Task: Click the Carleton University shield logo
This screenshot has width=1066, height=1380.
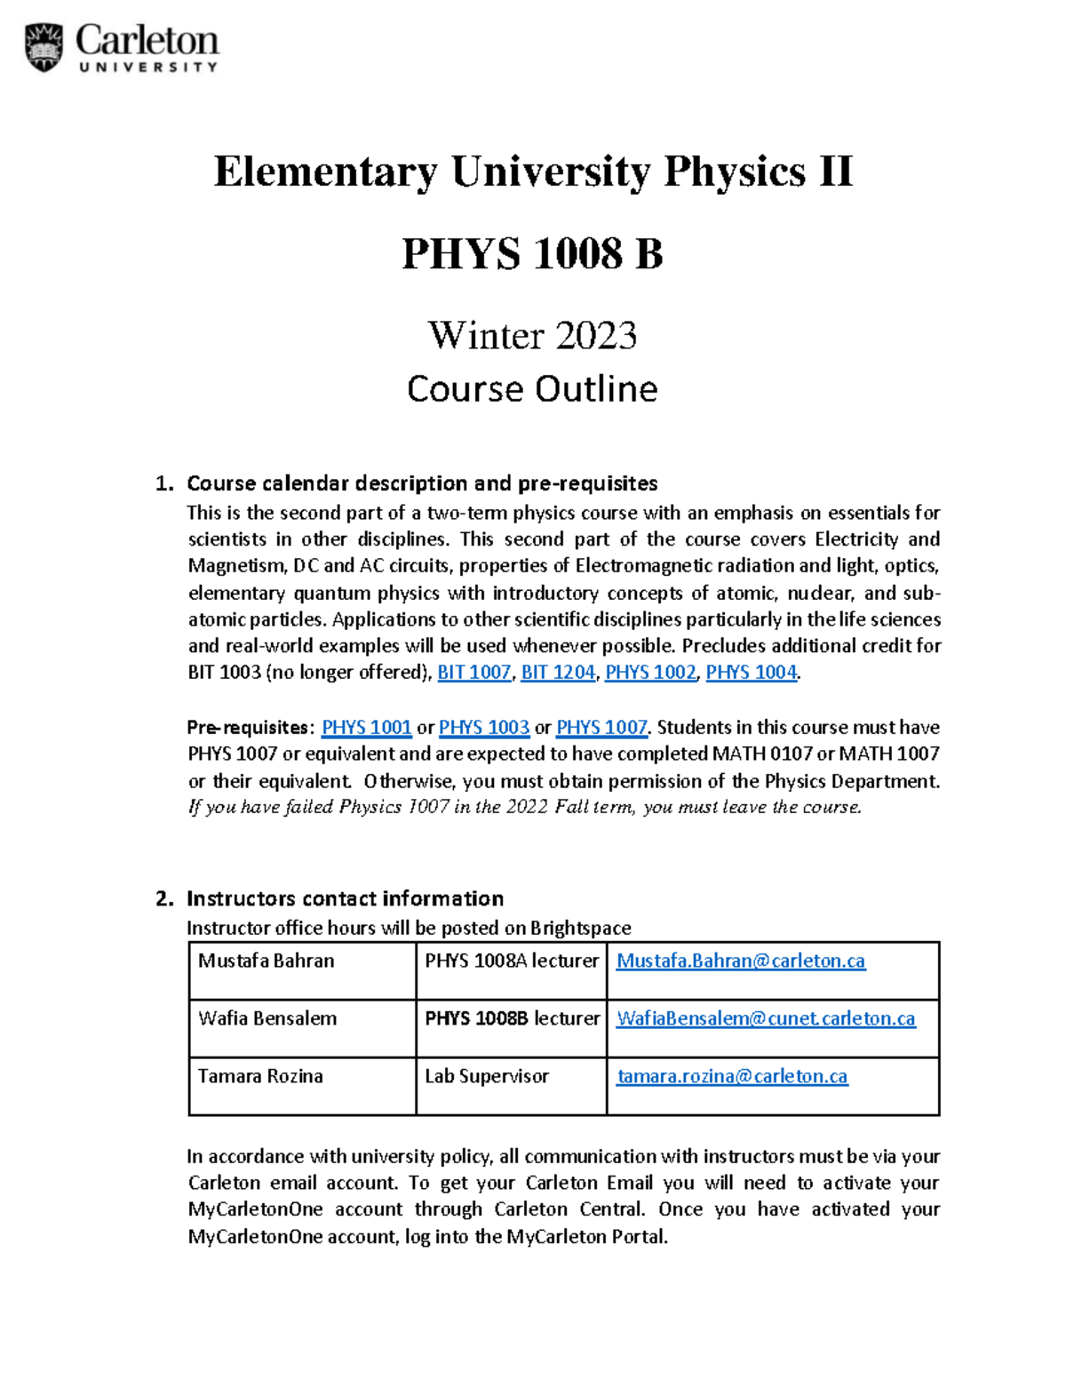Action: (x=44, y=47)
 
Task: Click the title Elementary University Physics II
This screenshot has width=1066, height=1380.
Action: (x=533, y=172)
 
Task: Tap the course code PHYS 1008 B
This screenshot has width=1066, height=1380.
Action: (x=532, y=254)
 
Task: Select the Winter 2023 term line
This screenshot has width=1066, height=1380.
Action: (x=532, y=335)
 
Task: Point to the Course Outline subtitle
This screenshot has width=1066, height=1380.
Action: (x=532, y=389)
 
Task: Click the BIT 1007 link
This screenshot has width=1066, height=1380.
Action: (x=474, y=673)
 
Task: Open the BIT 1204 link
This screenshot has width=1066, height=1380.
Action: (x=558, y=673)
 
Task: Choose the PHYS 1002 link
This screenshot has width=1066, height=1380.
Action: (x=650, y=673)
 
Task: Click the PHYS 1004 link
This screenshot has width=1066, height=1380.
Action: (x=751, y=673)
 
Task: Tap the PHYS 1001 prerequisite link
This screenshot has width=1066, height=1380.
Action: (x=366, y=728)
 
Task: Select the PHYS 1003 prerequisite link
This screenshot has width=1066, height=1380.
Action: (x=484, y=728)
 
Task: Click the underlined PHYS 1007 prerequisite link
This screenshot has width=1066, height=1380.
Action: (x=601, y=728)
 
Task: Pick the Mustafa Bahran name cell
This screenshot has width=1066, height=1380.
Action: (x=266, y=961)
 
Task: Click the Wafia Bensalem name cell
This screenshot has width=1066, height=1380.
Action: (x=267, y=1019)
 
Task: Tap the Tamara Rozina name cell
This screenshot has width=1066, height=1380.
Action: (x=260, y=1077)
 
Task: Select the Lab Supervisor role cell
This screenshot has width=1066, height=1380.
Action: (x=487, y=1077)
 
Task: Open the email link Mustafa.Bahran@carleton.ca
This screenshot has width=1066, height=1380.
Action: (x=741, y=961)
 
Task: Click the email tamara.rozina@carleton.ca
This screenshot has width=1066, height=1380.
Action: (x=732, y=1077)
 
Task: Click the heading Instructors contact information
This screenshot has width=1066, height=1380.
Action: (x=345, y=898)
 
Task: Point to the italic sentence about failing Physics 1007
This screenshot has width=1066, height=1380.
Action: (x=524, y=808)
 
